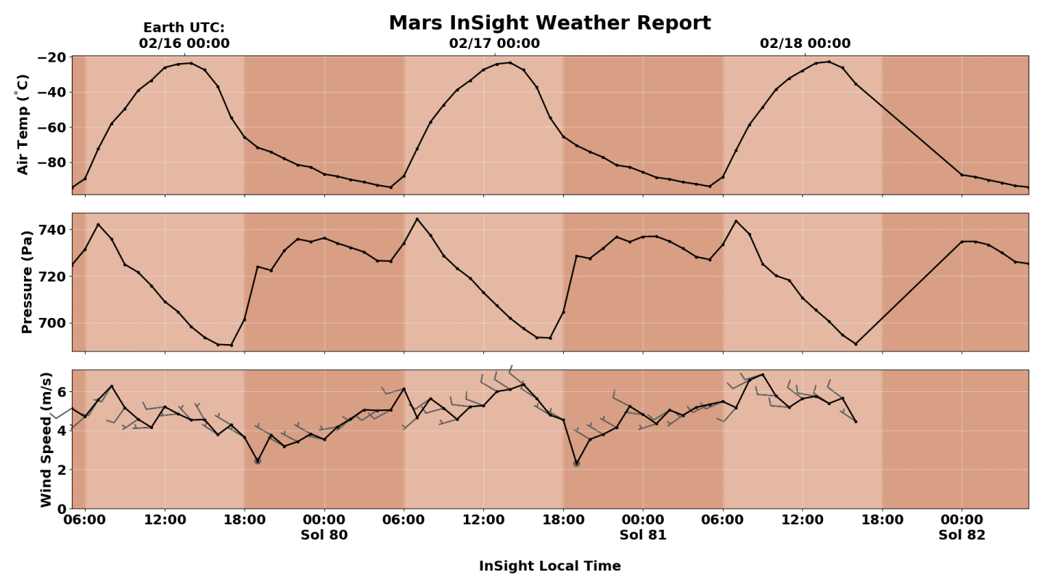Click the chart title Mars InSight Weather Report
pos(549,23)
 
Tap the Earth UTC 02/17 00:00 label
pos(494,44)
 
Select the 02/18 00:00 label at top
pos(805,44)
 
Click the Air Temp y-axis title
pos(23,124)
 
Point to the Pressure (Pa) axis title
pos(27,282)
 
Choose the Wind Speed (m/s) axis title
pos(46,439)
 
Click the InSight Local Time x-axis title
pos(549,566)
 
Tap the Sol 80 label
pos(324,536)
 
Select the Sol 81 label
pos(642,536)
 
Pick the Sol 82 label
pos(962,536)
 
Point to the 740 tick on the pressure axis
pos(53,230)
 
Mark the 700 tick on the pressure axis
pos(53,323)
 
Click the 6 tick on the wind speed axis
pos(61,392)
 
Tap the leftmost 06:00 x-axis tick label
pos(85,520)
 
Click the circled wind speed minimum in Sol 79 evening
pos(258,461)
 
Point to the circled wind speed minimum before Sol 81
pos(576,463)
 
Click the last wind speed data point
pos(856,422)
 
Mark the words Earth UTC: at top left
pos(184,28)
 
